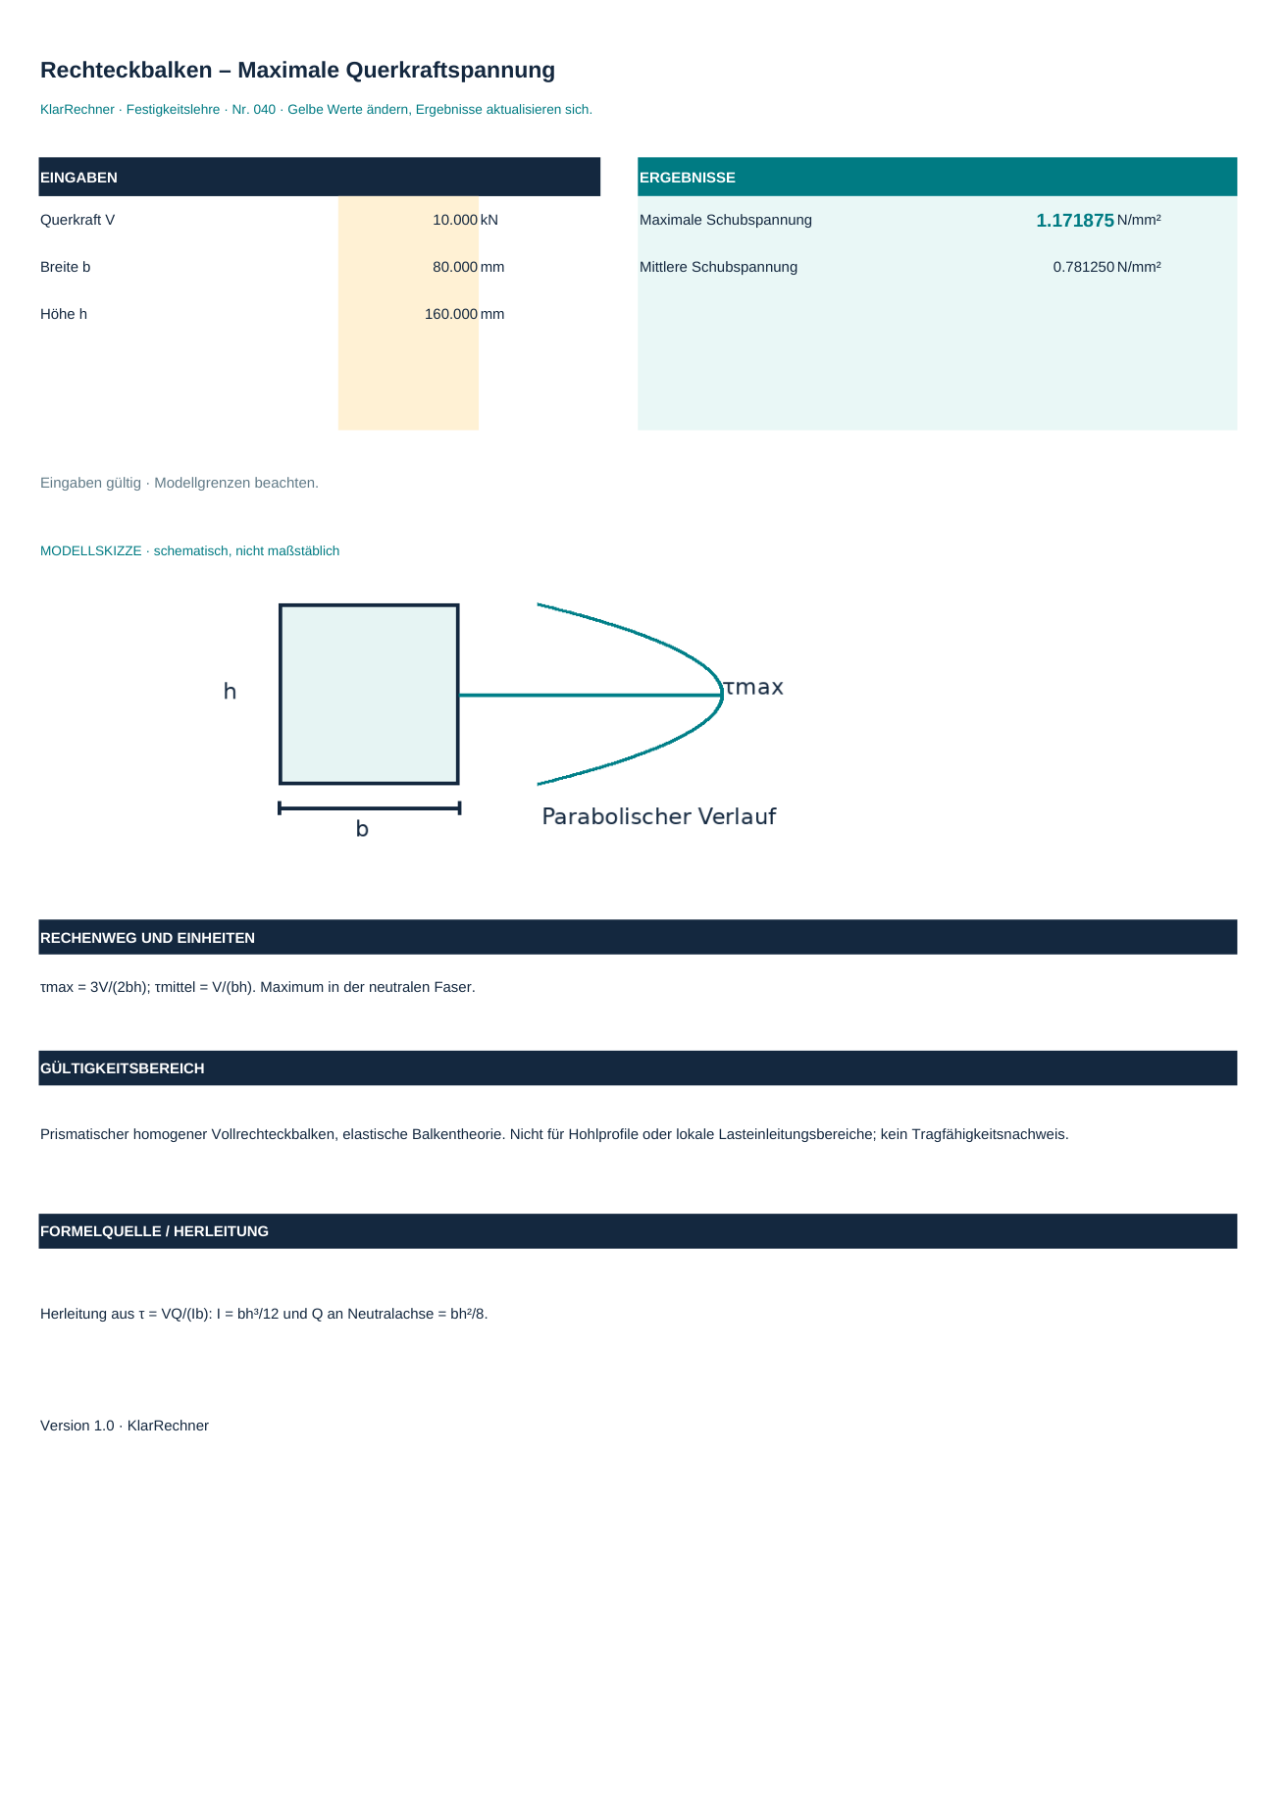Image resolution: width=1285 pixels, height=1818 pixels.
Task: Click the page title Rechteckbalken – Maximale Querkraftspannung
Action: (297, 71)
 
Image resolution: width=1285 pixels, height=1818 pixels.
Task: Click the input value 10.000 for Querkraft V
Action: (455, 220)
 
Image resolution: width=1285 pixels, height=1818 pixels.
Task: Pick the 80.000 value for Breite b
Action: (455, 267)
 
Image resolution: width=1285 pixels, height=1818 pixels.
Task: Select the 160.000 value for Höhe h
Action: (451, 314)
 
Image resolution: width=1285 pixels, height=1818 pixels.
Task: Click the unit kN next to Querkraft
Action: (489, 220)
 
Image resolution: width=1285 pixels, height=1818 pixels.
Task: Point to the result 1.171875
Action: (1075, 221)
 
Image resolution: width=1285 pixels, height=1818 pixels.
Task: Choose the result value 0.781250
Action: (1084, 267)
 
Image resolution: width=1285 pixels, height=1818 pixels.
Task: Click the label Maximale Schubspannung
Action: (726, 220)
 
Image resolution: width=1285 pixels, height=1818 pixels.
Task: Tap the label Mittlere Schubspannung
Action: (718, 267)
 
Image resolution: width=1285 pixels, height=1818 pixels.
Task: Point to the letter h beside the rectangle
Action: (230, 692)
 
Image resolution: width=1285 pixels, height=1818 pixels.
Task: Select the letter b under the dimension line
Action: (362, 829)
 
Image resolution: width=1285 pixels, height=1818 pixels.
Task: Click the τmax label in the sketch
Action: (753, 688)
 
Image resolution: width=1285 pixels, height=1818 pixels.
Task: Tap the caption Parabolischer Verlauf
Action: (659, 816)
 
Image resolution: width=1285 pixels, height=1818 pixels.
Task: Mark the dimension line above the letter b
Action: (369, 808)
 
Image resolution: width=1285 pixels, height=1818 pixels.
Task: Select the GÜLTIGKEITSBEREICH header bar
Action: (638, 1068)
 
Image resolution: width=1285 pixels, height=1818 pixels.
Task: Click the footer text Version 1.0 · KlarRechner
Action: (125, 1426)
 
